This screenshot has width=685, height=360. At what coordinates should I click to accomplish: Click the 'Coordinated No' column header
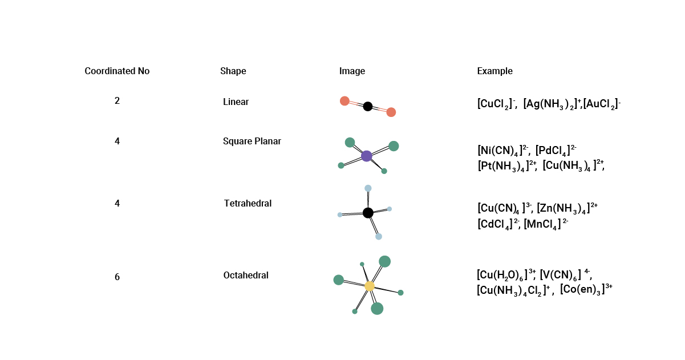tap(117, 71)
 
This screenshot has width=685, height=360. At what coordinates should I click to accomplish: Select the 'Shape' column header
tap(233, 71)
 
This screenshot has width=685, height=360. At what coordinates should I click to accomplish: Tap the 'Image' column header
tap(352, 71)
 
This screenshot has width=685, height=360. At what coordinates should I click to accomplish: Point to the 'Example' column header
tap(495, 71)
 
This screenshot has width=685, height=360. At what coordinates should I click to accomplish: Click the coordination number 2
tap(117, 100)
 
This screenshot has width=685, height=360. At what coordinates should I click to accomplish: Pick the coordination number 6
tap(117, 277)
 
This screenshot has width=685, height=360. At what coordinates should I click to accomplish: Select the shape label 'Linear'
tap(236, 102)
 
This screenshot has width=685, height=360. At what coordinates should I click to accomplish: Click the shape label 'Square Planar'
tap(252, 141)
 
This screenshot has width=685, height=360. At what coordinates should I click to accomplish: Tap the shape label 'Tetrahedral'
tap(248, 204)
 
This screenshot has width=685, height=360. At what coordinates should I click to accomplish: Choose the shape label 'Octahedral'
tap(246, 275)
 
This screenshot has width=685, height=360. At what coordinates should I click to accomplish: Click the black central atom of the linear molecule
tap(367, 107)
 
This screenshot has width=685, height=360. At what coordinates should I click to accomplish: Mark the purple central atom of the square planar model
tap(366, 156)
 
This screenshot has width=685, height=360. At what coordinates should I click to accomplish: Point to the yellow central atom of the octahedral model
tap(370, 286)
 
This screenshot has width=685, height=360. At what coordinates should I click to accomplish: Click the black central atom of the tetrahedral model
tap(368, 213)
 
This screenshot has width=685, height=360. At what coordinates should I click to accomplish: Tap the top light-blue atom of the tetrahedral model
tap(368, 188)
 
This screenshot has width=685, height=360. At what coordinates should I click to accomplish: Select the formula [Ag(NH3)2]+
tap(552, 104)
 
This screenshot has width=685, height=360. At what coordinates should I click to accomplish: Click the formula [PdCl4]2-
tap(556, 151)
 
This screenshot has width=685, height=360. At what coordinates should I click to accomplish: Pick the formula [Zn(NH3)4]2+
tap(568, 209)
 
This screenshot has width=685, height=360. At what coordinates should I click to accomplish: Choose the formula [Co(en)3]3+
tap(586, 289)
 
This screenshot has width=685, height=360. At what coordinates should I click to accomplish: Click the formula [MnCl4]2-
tap(546, 224)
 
